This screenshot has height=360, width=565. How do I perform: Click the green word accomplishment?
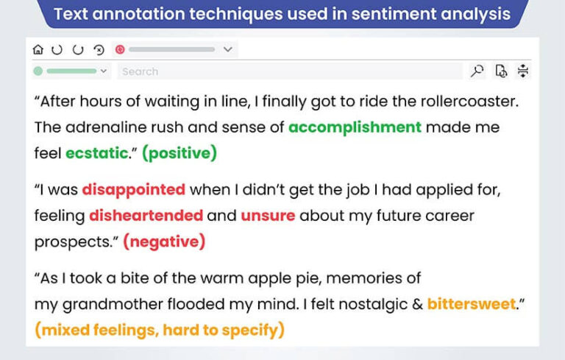point(355,127)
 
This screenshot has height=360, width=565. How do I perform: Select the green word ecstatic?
point(96,153)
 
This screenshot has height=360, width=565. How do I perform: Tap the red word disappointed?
point(133,190)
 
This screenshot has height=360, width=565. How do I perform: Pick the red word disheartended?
point(146,216)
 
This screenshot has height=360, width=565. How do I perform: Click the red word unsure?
point(267,216)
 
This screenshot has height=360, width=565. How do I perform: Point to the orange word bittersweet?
point(472,304)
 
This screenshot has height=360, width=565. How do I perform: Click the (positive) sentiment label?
point(180,153)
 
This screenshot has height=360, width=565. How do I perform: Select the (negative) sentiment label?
point(164,241)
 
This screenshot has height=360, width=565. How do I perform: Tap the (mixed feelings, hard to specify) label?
point(159,330)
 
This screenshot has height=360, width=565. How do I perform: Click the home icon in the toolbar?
point(38,49)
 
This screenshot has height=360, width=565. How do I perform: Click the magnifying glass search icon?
point(477,71)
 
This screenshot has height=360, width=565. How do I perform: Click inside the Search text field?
point(287,71)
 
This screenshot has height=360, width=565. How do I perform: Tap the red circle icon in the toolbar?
point(120,49)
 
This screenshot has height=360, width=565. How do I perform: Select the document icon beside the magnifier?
point(501,71)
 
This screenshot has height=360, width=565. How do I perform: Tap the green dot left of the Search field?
point(38,71)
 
